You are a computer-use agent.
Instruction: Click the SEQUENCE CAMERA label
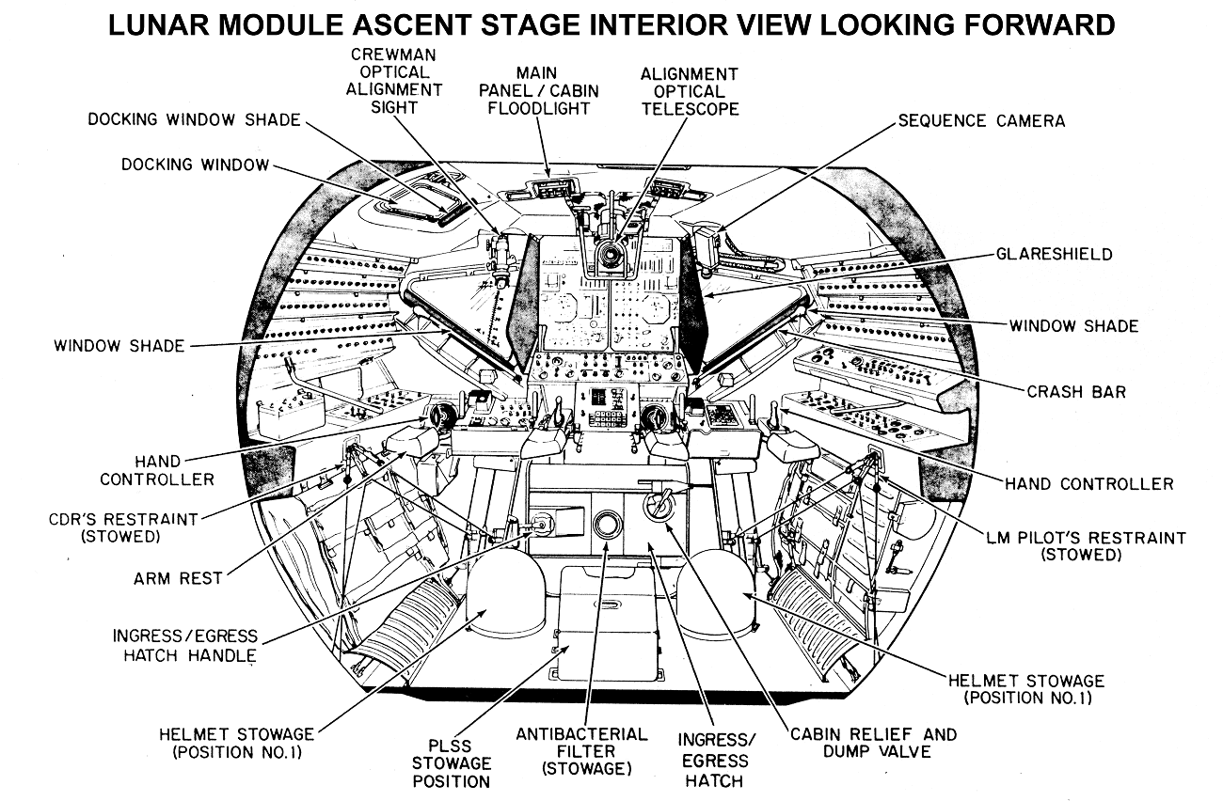pyautogui.click(x=981, y=120)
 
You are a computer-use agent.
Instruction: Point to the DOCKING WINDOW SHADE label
pyautogui.click(x=194, y=119)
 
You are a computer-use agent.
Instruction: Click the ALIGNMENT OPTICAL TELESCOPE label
pyautogui.click(x=690, y=91)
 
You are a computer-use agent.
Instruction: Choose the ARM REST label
pyautogui.click(x=179, y=578)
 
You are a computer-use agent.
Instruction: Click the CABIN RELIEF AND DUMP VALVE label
pyautogui.click(x=873, y=743)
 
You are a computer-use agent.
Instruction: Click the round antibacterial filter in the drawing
pyautogui.click(x=608, y=524)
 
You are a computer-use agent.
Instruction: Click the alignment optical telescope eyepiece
pyautogui.click(x=612, y=255)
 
